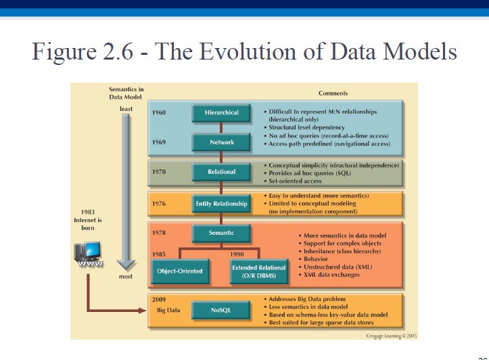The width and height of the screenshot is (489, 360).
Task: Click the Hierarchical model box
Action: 221,112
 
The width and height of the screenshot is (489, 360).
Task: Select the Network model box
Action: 221,142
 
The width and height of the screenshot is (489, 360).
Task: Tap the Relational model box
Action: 221,172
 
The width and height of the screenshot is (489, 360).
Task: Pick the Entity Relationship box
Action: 221,204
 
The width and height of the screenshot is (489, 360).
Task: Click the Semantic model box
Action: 221,233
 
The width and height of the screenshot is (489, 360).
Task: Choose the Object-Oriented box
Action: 180,271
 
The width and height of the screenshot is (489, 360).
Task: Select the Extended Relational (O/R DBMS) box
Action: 259,271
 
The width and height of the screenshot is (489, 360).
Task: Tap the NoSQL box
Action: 220,310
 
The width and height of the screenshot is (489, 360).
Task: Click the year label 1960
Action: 159,112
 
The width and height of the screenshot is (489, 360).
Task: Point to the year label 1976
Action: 159,204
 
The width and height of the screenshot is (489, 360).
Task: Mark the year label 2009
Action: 159,300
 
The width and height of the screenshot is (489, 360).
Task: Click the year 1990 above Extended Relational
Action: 237,254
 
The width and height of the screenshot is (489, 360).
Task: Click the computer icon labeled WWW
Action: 89,254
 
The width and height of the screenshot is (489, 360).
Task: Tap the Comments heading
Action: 333,93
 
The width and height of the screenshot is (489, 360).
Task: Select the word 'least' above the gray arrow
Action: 126,108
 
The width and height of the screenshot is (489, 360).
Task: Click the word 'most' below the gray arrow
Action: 126,276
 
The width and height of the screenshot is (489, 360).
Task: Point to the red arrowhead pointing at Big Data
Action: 142,310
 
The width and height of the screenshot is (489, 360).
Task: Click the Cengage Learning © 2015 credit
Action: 392,336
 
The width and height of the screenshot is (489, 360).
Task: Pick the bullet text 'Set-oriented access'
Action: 295,181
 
